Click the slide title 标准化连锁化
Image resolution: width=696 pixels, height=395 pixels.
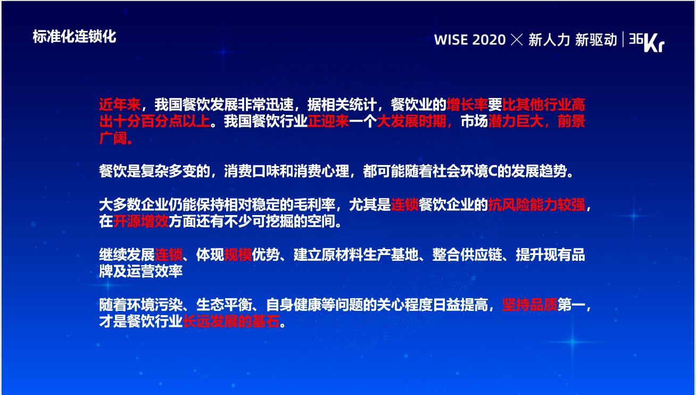pyautogui.click(x=74, y=37)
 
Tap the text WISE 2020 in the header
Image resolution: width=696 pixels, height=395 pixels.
pyautogui.click(x=470, y=40)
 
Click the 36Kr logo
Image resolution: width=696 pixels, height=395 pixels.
pyautogui.click(x=647, y=42)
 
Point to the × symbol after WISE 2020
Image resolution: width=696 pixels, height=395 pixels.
pyautogui.click(x=517, y=40)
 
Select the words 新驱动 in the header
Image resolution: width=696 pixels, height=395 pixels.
pyautogui.click(x=596, y=40)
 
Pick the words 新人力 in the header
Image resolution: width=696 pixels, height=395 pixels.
pyautogui.click(x=549, y=40)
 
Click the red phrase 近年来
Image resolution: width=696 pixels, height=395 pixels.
pyautogui.click(x=120, y=104)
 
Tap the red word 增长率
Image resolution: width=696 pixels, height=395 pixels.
pyautogui.click(x=467, y=104)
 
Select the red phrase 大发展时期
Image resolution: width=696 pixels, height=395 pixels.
pyautogui.click(x=411, y=121)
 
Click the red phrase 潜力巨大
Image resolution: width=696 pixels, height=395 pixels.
pyautogui.click(x=516, y=121)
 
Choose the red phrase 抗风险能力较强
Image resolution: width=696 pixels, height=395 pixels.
pyautogui.click(x=536, y=205)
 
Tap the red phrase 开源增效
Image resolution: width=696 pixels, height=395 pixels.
pyautogui.click(x=141, y=221)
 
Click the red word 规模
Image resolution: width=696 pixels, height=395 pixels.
pyautogui.click(x=238, y=255)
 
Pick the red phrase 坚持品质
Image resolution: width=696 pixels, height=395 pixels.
pyautogui.click(x=529, y=305)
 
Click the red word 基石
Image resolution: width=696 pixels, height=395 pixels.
pyautogui.click(x=266, y=322)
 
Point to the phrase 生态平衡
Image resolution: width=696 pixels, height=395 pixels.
pyautogui.click(x=224, y=305)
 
